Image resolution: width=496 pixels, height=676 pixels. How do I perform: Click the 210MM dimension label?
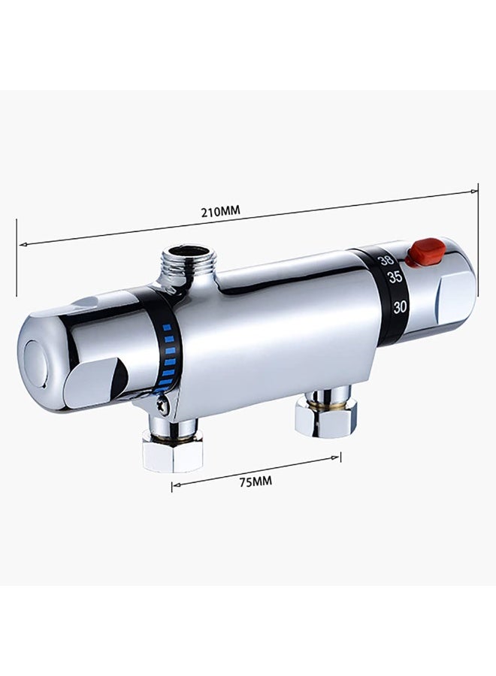(220, 211)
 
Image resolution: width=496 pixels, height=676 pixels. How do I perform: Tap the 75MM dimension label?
(256, 481)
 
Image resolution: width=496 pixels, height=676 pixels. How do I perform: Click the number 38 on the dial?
(386, 261)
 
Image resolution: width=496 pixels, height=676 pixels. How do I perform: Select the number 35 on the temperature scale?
(395, 277)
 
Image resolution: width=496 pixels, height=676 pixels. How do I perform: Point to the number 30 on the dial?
(400, 307)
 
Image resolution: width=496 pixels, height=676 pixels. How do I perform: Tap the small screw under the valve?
(164, 406)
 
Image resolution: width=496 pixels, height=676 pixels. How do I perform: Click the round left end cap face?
(34, 363)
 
